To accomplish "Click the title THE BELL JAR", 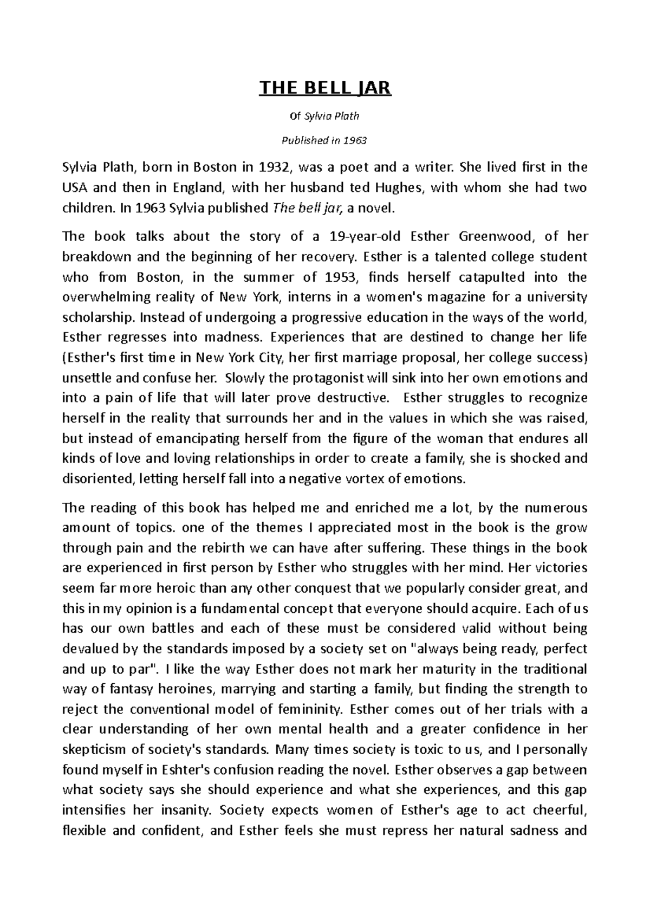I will tap(325, 88).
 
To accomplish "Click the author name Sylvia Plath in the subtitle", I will tap(333, 116).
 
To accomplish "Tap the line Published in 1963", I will tap(325, 141).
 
